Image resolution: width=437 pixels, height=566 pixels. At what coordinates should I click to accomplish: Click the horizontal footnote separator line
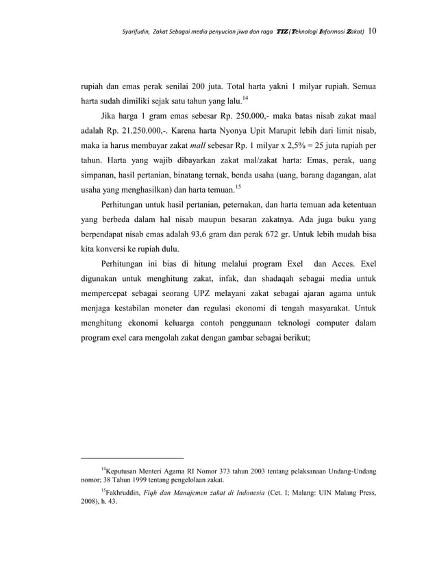click(x=132, y=456)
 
